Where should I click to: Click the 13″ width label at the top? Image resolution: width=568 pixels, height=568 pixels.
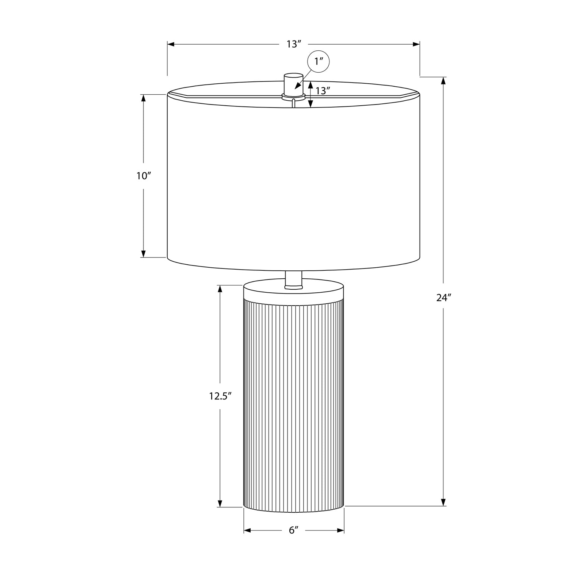pos(293,44)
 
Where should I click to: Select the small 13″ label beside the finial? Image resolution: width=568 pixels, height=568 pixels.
pos(323,91)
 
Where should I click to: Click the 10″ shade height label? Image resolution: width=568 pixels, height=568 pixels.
pos(144,176)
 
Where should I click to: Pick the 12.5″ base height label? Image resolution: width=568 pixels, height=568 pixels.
pos(220,396)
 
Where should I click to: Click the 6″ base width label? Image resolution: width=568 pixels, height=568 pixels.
pos(294,531)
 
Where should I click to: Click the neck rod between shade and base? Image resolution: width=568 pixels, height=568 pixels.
pos(293,279)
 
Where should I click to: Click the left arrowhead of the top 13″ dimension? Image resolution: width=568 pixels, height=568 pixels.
pos(171,44)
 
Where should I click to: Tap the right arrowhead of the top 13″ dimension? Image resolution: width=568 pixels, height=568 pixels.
pos(416,44)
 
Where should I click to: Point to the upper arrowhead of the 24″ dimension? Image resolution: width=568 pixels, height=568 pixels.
pos(443,81)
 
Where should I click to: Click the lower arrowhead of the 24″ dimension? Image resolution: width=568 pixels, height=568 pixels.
pos(443,502)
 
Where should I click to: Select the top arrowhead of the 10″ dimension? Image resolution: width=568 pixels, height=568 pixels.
pos(144,98)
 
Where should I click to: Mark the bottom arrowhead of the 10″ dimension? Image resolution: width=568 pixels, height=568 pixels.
pos(144,254)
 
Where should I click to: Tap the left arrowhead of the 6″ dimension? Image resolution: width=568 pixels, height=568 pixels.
pos(248,531)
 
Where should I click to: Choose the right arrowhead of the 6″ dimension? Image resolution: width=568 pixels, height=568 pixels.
pos(340,531)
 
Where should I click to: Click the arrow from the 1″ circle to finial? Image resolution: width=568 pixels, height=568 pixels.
pos(299,85)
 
